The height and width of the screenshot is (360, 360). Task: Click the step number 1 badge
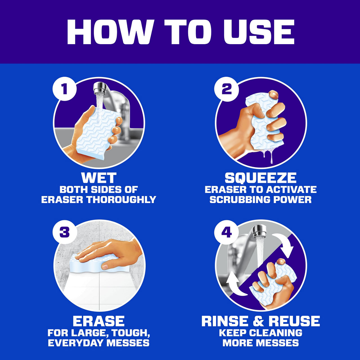pos(65,89)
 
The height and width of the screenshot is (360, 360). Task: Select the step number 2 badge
pos(226,89)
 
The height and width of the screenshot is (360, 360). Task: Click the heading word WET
pos(99,178)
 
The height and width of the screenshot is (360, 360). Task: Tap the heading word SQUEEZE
pos(260,178)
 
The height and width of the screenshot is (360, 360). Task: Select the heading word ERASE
pos(99,321)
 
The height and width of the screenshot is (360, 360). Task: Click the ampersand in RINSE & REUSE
pos(258,321)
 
